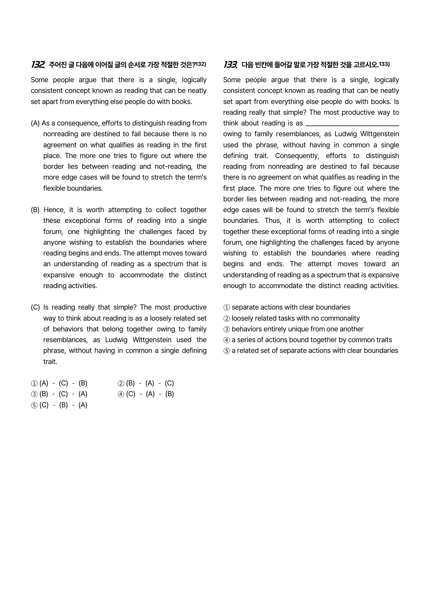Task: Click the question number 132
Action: pos(37,64)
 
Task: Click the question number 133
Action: pos(230,64)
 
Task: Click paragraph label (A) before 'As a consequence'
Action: pos(35,123)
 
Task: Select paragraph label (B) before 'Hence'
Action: pos(35,210)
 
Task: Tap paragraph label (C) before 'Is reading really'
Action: pos(35,307)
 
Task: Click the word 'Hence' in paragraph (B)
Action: pos(54,210)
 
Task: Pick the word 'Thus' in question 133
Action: pos(273,221)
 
